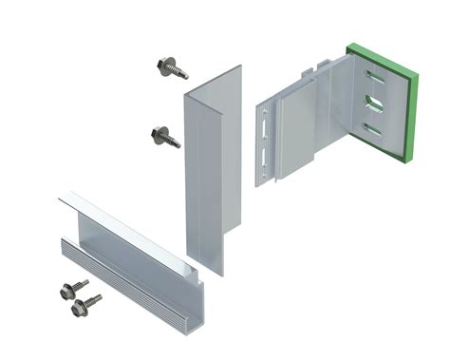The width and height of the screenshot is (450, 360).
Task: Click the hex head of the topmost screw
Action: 163,65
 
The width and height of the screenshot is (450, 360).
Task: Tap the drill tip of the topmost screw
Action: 186,77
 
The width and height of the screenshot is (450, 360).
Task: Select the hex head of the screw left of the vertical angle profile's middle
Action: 157,131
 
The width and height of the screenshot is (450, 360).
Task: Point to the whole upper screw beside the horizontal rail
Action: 74,286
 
